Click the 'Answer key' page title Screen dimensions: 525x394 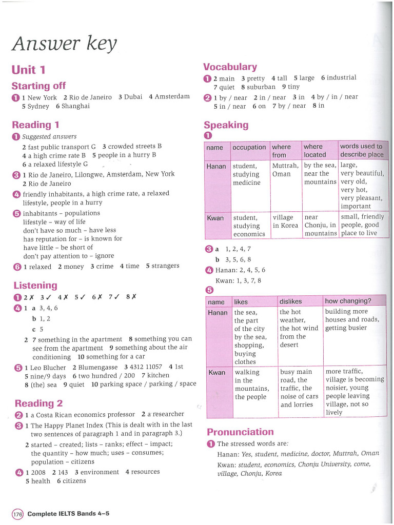(65, 45)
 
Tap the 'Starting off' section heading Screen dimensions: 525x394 (38, 86)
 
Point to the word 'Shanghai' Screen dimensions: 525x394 (75, 106)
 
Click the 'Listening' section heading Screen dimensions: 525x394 (35, 285)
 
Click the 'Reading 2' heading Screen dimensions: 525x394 (39, 402)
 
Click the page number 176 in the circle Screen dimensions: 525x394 (17, 514)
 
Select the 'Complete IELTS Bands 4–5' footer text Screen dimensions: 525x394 (68, 514)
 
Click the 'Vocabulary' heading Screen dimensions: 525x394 (230, 67)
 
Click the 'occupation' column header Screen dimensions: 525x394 (249, 148)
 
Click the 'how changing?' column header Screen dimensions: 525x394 (348, 301)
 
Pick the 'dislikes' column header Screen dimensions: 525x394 (290, 301)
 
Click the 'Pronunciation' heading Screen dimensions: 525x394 (240, 432)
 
